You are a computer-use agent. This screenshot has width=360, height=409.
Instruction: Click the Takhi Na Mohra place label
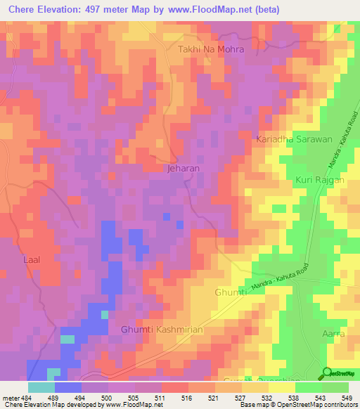(x=210, y=50)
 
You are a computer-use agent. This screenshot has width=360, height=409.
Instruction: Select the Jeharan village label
(x=184, y=169)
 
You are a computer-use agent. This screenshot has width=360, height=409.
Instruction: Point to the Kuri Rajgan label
(x=318, y=181)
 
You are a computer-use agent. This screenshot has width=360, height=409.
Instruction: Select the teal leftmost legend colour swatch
(x=41, y=387)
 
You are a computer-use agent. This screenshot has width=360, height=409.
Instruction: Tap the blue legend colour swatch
(x=68, y=387)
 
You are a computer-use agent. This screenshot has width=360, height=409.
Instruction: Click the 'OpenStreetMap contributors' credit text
(x=326, y=405)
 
